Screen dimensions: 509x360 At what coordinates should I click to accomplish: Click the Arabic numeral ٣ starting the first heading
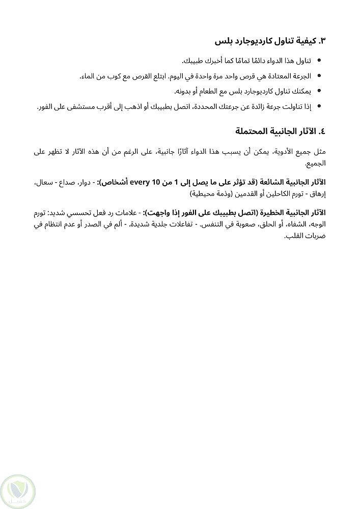click(322, 40)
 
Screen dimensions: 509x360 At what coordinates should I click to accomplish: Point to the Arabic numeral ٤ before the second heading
click(321, 131)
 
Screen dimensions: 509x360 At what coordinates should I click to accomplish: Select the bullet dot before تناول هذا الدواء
click(319, 61)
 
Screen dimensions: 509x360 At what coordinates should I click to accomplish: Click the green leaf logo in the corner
click(18, 490)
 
